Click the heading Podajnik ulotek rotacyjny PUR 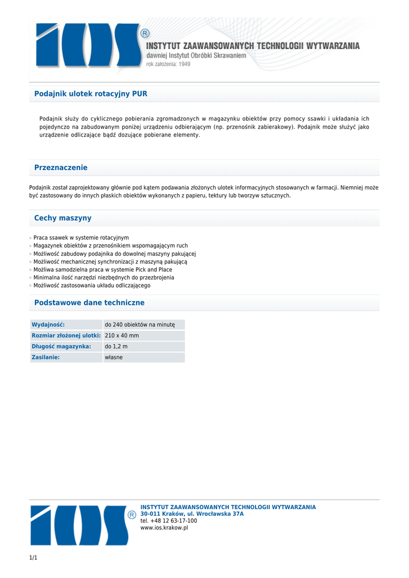coord(91,94)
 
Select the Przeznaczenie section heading coord(61,168)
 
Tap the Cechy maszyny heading coord(63,218)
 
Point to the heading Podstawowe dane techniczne coord(89,303)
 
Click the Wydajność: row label coord(49,325)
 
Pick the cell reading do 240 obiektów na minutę coord(140,325)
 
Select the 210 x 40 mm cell coord(122,335)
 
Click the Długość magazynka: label coord(61,346)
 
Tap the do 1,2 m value coord(116,346)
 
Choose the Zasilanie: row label coord(46,357)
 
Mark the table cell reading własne coord(113,357)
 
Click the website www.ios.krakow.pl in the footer coord(164,528)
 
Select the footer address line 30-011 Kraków coord(192,514)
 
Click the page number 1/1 coord(33,558)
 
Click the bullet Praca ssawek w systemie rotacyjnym coord(81,238)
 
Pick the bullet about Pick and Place coord(103,270)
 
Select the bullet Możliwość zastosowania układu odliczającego coord(91,286)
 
